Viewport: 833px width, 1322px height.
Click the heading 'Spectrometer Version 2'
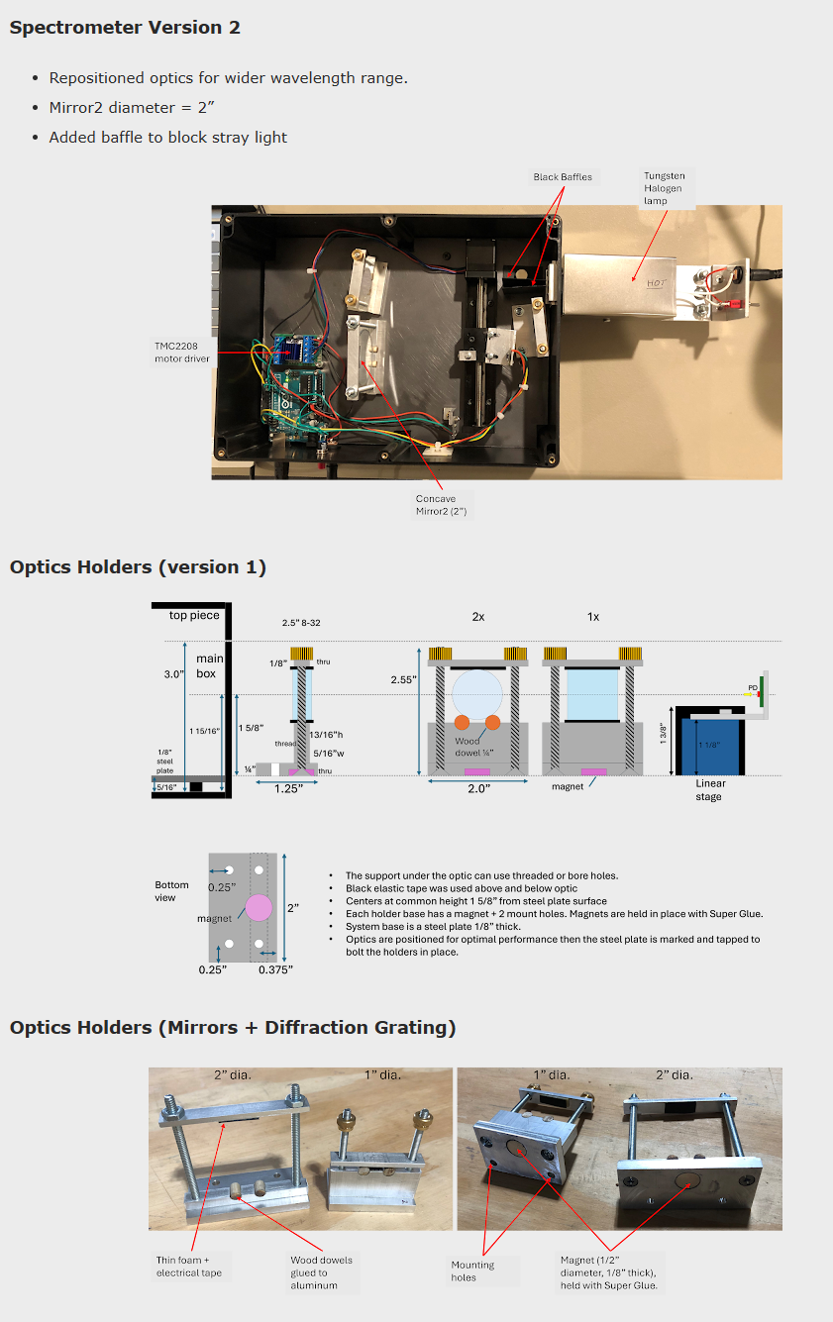point(125,28)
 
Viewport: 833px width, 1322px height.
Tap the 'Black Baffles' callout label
point(563,177)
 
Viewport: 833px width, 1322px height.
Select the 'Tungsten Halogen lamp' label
point(664,188)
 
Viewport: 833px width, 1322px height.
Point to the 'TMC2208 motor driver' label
point(182,352)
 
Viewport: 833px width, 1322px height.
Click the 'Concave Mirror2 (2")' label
point(441,505)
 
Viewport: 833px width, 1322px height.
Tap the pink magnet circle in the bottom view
point(259,907)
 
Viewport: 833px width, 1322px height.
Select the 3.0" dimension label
point(174,674)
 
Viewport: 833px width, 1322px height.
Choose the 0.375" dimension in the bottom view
point(275,969)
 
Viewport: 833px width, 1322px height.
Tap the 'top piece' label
point(194,615)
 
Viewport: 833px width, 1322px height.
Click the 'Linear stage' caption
point(709,790)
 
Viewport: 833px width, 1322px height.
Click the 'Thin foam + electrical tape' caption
point(191,1267)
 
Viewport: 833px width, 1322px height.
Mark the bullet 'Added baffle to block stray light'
point(167,138)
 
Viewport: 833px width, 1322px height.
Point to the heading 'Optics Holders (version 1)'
point(138,567)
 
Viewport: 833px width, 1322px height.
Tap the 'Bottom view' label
point(172,891)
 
